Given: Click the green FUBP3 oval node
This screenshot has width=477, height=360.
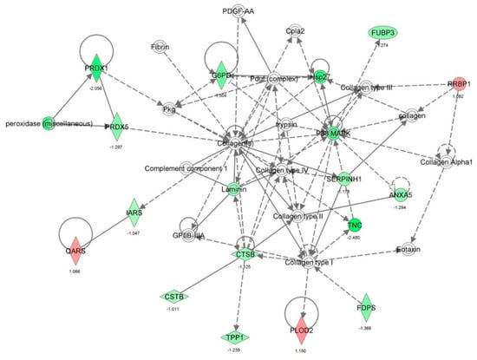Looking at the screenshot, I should [383, 33].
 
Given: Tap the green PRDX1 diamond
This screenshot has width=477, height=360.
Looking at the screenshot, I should [95, 67].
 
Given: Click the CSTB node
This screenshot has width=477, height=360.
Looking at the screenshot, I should [173, 297].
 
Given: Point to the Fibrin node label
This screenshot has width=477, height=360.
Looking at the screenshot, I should [160, 46].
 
